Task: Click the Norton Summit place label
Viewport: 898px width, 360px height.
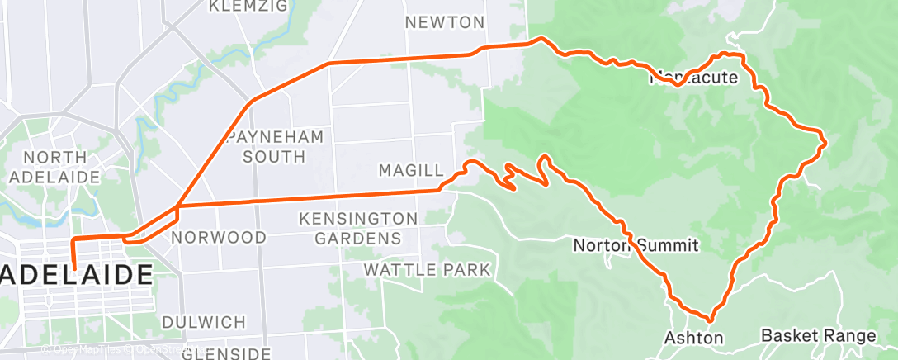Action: coord(636,245)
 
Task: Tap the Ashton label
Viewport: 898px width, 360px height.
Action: coord(693,338)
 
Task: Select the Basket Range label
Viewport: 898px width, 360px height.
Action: coord(818,336)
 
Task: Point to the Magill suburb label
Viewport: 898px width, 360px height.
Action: coord(406,170)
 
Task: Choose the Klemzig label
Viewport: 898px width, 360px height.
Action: coord(248,7)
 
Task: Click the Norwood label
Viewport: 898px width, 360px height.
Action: coord(219,238)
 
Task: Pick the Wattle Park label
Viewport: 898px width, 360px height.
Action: coord(427,270)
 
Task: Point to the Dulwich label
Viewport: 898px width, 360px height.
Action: coord(203,322)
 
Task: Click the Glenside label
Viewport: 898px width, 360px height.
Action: coord(226,353)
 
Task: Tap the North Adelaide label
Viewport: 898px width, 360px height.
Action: coord(55,167)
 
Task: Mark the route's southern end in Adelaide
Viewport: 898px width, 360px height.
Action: coord(74,268)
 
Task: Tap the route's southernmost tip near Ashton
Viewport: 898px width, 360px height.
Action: coord(710,318)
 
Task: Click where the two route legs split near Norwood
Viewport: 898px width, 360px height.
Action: coord(177,206)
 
